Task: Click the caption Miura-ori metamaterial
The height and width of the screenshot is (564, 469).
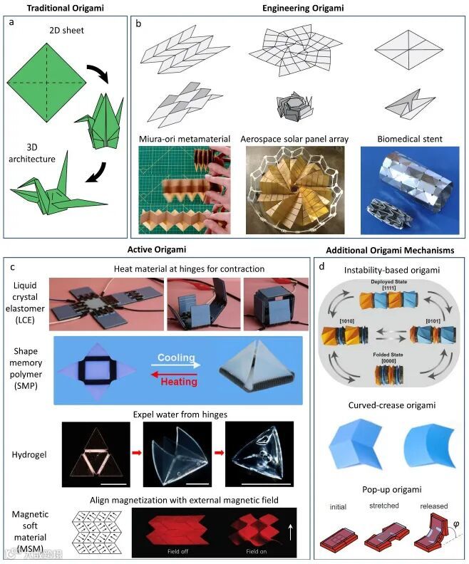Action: pos(186,139)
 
